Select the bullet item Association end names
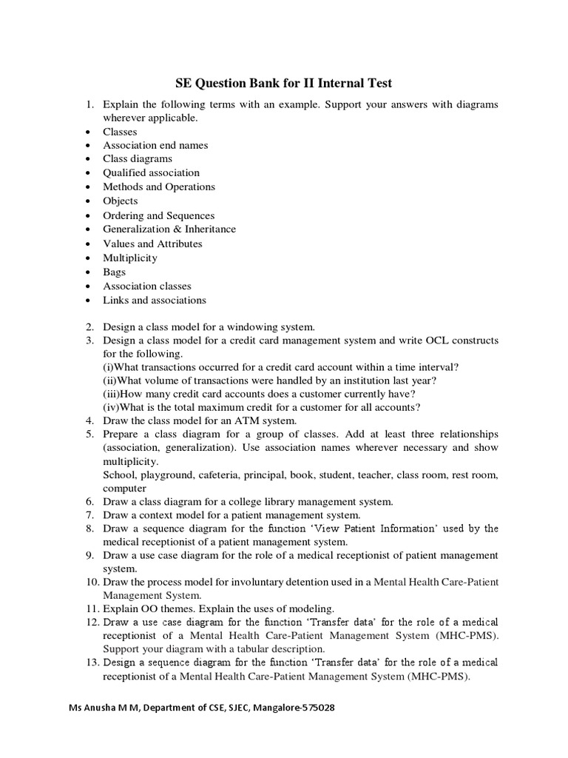tap(155, 145)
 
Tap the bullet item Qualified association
tap(151, 172)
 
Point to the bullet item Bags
tap(114, 272)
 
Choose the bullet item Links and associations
tap(154, 300)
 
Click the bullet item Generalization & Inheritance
tap(169, 229)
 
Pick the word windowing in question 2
tap(246, 326)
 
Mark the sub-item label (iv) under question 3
tap(110, 406)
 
